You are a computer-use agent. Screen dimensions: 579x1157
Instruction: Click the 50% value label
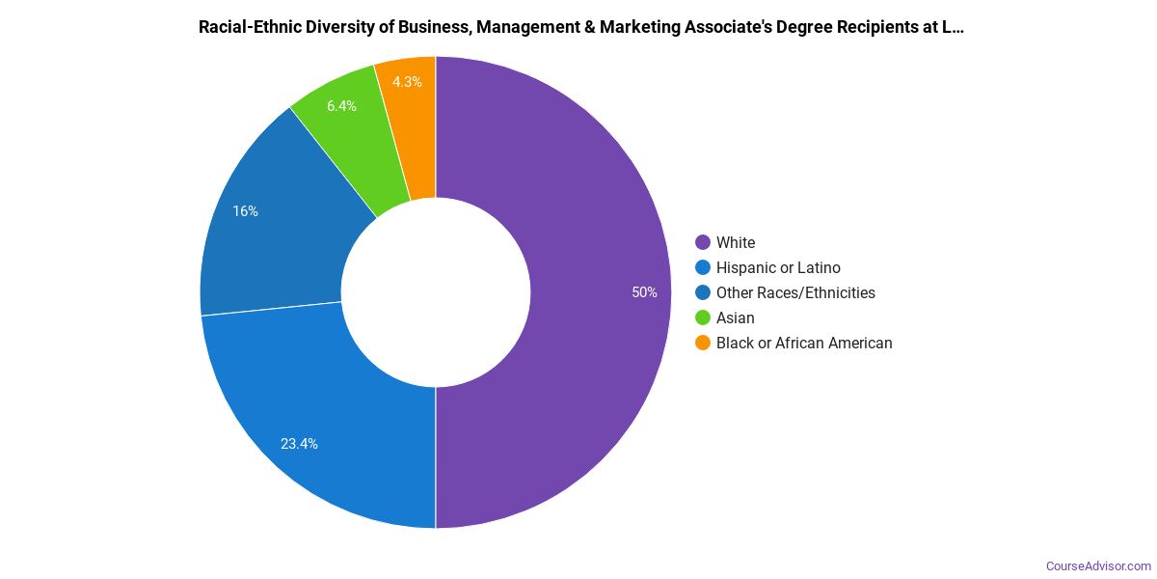click(x=644, y=292)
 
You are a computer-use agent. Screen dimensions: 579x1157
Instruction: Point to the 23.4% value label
click(x=299, y=444)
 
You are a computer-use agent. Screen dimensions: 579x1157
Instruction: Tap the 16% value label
click(x=245, y=211)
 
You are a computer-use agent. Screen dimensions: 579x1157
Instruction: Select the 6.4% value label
click(x=341, y=106)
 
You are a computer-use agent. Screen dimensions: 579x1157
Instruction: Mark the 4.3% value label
click(x=407, y=82)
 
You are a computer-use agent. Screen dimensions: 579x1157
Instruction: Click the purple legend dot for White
click(x=702, y=243)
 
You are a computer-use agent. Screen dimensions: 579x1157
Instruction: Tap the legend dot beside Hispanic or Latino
click(x=702, y=268)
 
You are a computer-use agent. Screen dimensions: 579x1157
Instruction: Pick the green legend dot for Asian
click(x=702, y=318)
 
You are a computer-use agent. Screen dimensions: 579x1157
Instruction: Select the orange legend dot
click(x=702, y=344)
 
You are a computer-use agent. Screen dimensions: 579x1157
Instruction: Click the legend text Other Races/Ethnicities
click(x=795, y=293)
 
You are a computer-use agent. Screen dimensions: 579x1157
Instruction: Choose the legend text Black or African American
click(x=804, y=344)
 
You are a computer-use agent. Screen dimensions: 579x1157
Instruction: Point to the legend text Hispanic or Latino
click(x=778, y=268)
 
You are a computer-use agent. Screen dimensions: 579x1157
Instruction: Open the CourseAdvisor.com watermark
click(x=1098, y=566)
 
